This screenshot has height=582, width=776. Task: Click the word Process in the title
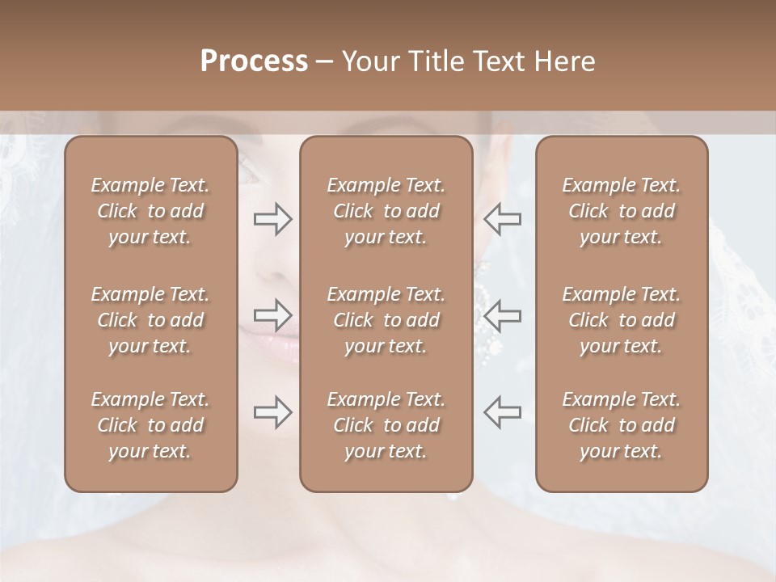[x=254, y=61]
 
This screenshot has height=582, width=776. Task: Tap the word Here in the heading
[x=565, y=61]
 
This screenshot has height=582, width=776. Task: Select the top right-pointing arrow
[x=272, y=219]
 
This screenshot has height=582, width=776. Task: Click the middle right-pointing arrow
[x=272, y=314]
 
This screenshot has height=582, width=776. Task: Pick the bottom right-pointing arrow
[x=272, y=411]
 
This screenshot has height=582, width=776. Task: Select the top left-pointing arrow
[x=502, y=219]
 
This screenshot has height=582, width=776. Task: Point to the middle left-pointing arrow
[x=502, y=314]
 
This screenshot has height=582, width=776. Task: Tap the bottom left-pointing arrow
[x=502, y=411]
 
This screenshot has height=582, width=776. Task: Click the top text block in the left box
[x=150, y=211]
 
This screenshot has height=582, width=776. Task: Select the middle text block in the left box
[x=150, y=320]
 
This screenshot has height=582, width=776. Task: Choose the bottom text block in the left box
[x=150, y=425]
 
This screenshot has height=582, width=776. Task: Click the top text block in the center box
[x=386, y=211]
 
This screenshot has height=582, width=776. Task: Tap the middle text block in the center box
[x=386, y=320]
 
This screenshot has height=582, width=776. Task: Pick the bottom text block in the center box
[x=386, y=425]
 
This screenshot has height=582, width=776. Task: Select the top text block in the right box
[x=622, y=211]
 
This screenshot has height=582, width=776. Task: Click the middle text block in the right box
[x=622, y=320]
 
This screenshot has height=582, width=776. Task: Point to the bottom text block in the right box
[x=622, y=425]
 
